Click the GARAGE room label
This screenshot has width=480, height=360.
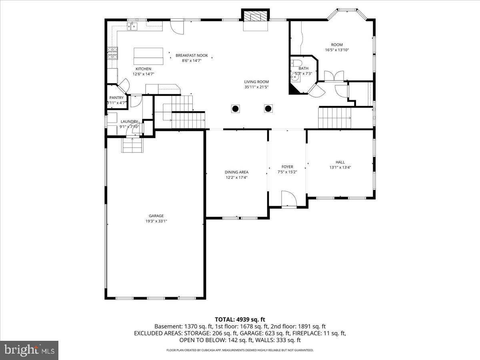click(x=156, y=216)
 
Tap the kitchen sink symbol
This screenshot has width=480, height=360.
click(x=132, y=26)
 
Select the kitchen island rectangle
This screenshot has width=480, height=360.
click(x=148, y=56)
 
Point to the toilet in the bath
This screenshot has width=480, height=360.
click(x=296, y=64)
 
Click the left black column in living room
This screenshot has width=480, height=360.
click(x=236, y=108)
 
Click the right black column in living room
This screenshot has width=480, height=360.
click(x=268, y=108)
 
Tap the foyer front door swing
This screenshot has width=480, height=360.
click(x=288, y=199)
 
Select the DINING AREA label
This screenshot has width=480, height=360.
click(x=236, y=172)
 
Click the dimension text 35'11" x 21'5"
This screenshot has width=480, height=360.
click(x=256, y=87)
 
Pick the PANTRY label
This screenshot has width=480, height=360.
click(x=116, y=98)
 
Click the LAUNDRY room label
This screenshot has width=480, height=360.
click(x=129, y=122)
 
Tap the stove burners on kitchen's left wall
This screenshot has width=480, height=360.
click(x=112, y=53)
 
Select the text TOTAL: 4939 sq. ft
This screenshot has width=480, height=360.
click(x=240, y=319)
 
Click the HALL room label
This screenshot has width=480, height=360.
click(x=340, y=162)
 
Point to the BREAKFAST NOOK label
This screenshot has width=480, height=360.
click(x=192, y=55)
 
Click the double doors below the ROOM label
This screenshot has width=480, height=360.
click(x=334, y=76)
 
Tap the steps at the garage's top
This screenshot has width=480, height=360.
click(x=132, y=145)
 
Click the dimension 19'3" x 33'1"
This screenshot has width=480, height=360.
click(x=156, y=221)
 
